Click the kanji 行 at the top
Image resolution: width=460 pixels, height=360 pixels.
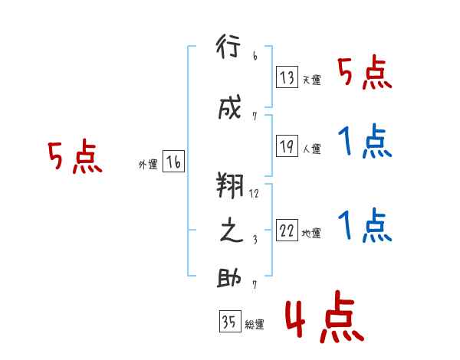228,46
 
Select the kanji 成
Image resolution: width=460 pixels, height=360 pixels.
230,106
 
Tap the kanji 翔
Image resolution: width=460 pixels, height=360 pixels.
230,185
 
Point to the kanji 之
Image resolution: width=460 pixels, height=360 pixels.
232,231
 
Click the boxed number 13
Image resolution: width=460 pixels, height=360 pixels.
287,77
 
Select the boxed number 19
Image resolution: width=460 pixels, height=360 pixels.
287,146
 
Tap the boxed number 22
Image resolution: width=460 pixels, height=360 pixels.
287,230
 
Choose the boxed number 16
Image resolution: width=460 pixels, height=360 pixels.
173,162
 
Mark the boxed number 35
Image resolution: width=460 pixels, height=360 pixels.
230,321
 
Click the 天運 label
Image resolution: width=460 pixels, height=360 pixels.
311,80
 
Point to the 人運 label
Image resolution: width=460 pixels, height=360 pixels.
311,149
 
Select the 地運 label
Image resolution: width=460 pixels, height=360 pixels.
311,233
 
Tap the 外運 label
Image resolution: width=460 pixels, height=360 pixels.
148,165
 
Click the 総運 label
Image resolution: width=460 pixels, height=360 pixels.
255,325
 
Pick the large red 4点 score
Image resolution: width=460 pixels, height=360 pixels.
324,316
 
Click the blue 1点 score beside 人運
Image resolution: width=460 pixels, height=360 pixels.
365,141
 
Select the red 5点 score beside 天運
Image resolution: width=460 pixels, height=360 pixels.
365,72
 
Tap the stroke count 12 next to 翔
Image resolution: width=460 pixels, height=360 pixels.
254,194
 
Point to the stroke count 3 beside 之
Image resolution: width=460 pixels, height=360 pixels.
255,240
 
